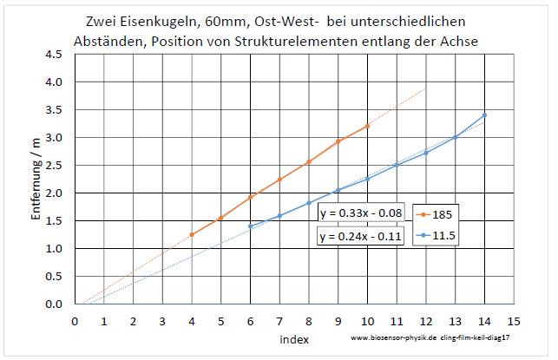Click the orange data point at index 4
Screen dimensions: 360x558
pos(192,234)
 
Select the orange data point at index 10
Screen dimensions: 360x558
pos(367,126)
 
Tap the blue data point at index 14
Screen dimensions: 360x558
pos(484,115)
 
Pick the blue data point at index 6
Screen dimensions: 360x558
pos(250,226)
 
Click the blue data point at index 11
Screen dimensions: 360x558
pos(397,165)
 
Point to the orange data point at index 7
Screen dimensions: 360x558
pos(279,180)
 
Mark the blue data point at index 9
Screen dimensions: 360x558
pos(338,189)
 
